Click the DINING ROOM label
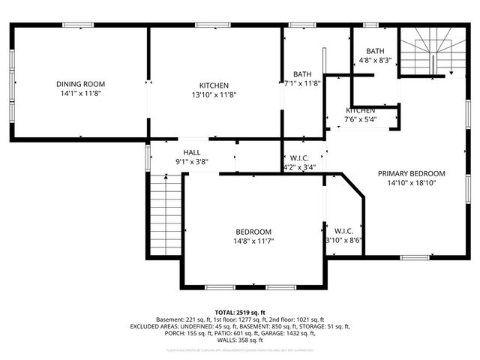81,84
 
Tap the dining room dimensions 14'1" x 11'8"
81,94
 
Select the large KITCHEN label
214,85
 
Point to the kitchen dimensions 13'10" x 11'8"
214,95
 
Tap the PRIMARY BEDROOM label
411,172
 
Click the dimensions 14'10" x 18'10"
411,182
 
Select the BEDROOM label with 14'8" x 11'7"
253,232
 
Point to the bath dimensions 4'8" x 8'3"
375,60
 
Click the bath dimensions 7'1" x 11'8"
302,83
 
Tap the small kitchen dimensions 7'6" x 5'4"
360,119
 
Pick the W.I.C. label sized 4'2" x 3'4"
298,157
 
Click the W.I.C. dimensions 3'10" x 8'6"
343,241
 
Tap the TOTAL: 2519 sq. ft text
240,312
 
